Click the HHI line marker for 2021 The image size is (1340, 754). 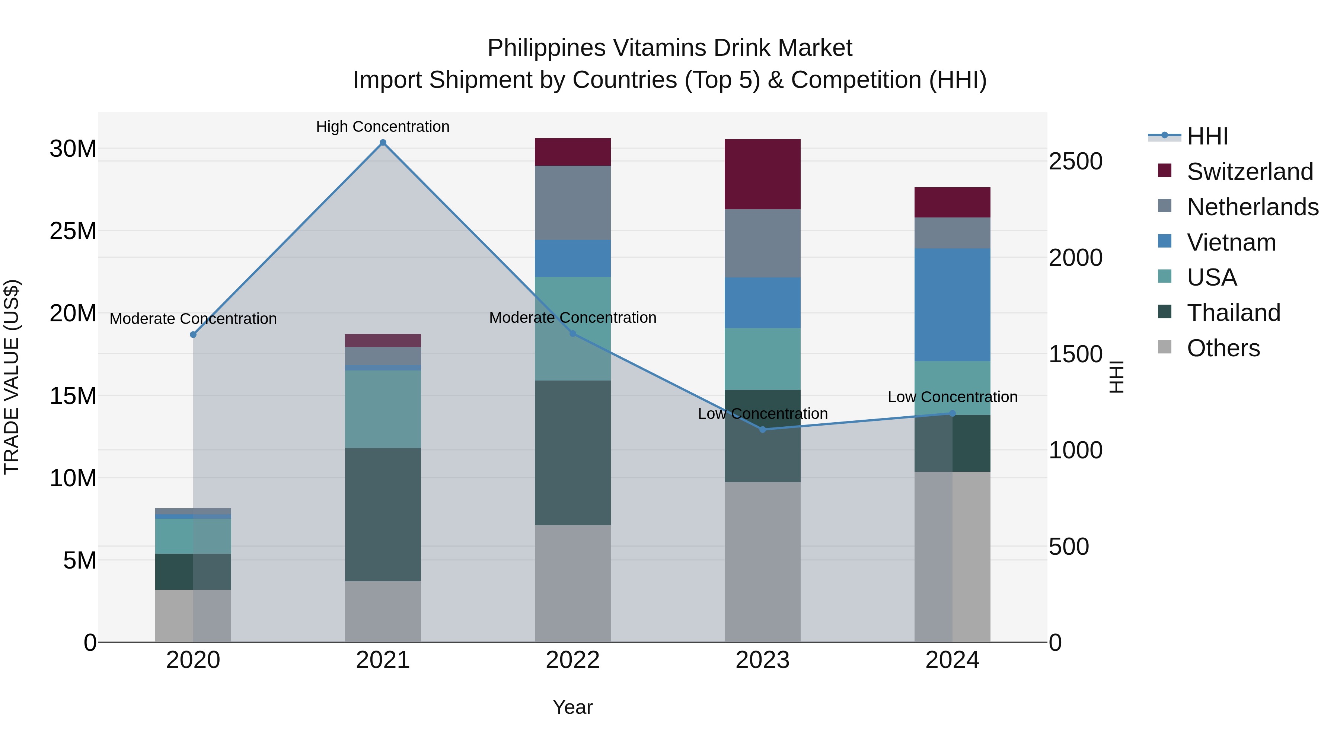383,143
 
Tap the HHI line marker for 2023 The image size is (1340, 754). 763,429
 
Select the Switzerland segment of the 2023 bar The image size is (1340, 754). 763,174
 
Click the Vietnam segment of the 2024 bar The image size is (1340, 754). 953,305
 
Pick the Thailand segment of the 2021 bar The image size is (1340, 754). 383,514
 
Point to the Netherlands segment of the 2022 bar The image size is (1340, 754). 573,203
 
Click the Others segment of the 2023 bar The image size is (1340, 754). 763,562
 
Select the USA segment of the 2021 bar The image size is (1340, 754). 383,409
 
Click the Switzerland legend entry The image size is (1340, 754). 1250,172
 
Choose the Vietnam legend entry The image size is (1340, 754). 1231,242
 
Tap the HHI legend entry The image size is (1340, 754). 1207,136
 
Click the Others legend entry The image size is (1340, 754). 1223,348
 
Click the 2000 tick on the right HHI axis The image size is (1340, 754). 1075,258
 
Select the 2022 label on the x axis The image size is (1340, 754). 573,660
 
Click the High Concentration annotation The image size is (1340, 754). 383,127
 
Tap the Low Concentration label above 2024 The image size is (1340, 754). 953,397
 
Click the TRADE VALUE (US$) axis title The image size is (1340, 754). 12,377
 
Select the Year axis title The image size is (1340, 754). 573,707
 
